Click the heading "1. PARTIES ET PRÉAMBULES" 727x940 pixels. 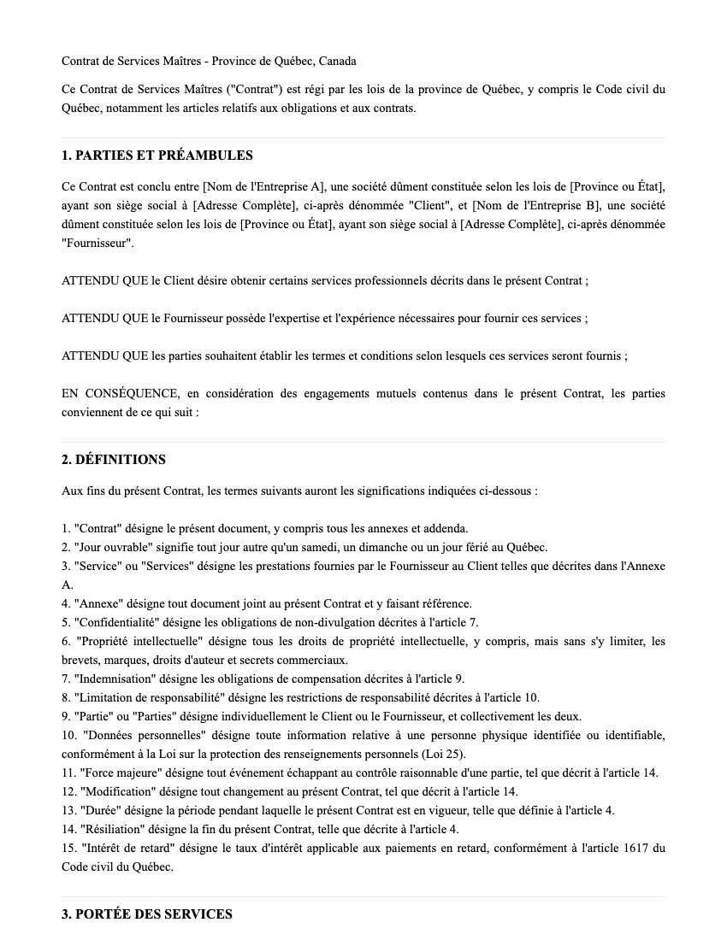[157, 156]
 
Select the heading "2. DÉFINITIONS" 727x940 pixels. [114, 460]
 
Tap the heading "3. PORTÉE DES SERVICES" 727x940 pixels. [147, 914]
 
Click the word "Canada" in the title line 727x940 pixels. [336, 61]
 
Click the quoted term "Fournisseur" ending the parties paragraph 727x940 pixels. [97, 243]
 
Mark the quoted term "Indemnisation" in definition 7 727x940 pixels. [115, 679]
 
